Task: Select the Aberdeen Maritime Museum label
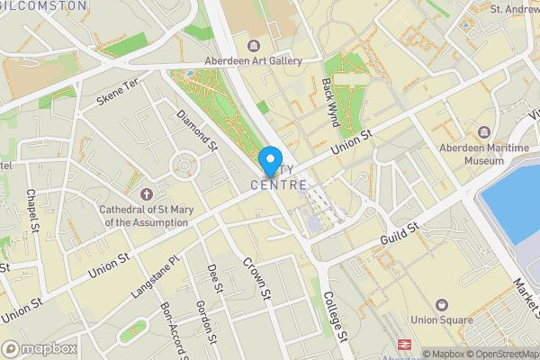click(x=471, y=153)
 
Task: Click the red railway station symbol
click(x=405, y=346)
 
